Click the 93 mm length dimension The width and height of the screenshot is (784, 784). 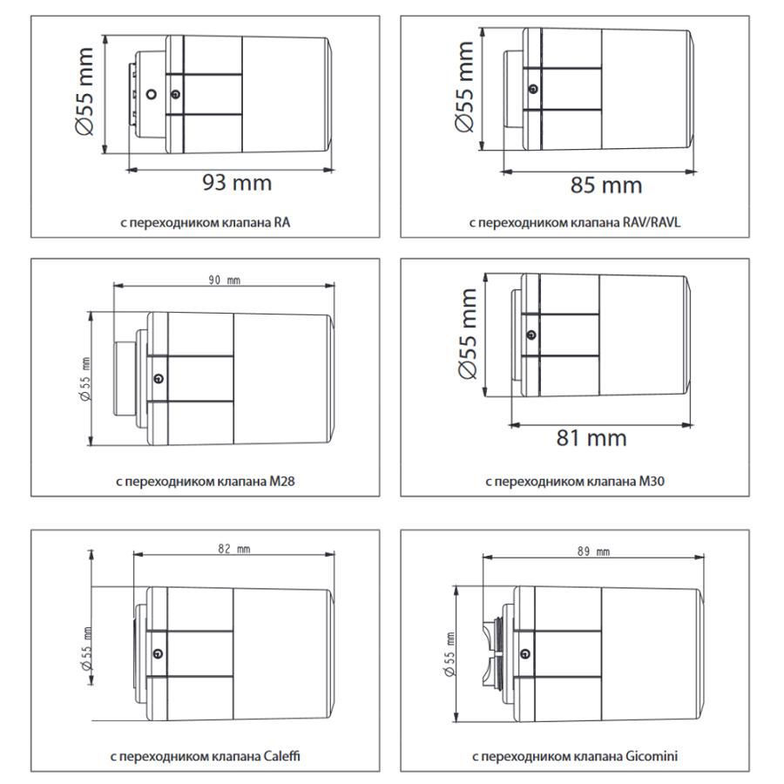[237, 183]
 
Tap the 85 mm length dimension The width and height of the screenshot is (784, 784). [606, 185]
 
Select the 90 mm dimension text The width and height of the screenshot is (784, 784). [225, 280]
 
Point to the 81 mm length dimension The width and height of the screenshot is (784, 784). [591, 438]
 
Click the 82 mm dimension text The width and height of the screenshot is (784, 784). [234, 549]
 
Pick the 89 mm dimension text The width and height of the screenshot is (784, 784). [593, 551]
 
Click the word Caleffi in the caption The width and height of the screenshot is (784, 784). [281, 756]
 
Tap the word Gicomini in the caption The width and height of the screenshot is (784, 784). [652, 756]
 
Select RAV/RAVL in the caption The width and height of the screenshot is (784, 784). [652, 222]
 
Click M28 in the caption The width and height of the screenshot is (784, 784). [282, 482]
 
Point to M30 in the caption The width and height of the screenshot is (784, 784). [652, 482]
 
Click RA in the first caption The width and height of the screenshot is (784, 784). [282, 222]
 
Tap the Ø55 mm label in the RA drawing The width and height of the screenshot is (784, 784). [84, 91]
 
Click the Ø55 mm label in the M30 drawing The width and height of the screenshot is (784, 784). [468, 334]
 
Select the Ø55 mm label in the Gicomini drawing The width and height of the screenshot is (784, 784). [449, 654]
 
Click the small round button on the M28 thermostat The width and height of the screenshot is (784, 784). [159, 379]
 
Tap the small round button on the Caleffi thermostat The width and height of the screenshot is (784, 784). [159, 653]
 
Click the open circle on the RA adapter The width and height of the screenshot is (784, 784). [151, 93]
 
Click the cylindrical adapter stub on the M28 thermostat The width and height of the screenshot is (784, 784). [125, 379]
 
